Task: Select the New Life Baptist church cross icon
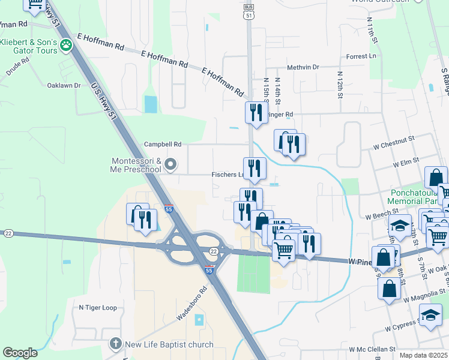pos(116,344)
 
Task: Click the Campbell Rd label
pos(162,145)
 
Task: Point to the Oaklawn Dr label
pos(64,85)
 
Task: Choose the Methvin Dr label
pos(303,68)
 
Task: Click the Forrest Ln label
pos(361,56)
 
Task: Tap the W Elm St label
pos(406,163)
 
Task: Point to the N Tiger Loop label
pos(98,307)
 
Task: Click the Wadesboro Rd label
pos(191,302)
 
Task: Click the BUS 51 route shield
pos(249,12)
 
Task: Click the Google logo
pos(20,353)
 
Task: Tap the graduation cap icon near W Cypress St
pos(430,314)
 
